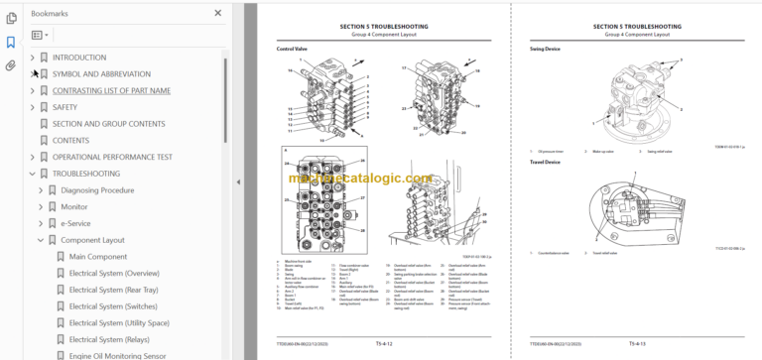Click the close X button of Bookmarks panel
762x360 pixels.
pos(217,13)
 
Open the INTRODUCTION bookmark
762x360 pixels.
pos(78,58)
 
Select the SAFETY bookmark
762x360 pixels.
pos(64,107)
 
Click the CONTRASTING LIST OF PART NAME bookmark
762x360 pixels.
pos(111,90)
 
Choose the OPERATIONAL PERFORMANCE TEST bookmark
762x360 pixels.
pos(112,157)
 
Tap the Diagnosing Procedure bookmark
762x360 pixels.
pos(97,190)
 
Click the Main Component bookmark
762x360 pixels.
pos(97,257)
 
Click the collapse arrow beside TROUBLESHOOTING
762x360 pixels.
pos(32,174)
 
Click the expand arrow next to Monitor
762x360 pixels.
pos(42,207)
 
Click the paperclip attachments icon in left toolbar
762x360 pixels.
pos(11,66)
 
